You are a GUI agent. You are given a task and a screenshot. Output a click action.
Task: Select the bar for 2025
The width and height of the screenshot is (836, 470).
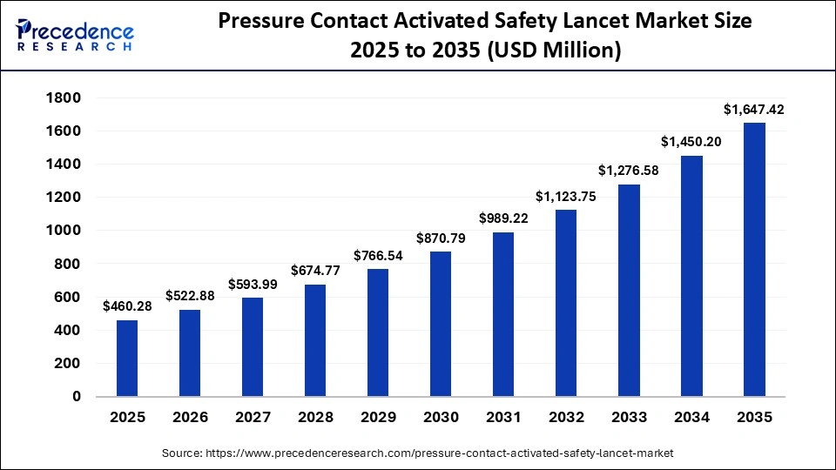pyautogui.click(x=127, y=358)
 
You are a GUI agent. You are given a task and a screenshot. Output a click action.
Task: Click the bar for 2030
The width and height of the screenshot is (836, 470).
pyautogui.click(x=441, y=324)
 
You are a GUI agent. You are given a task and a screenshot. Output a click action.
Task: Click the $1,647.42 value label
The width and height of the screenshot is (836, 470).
pyautogui.click(x=754, y=110)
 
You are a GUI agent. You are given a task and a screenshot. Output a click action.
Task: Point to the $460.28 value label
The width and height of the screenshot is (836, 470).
pyautogui.click(x=127, y=306)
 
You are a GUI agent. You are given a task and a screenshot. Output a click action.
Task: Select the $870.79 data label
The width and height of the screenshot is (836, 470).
pyautogui.click(x=441, y=238)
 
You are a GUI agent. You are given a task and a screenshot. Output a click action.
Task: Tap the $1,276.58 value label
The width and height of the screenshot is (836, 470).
pyautogui.click(x=629, y=171)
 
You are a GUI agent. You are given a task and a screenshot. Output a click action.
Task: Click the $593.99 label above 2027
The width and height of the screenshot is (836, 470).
pyautogui.click(x=253, y=284)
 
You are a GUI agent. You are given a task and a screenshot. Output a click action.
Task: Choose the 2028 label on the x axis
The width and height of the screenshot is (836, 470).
pyautogui.click(x=315, y=418)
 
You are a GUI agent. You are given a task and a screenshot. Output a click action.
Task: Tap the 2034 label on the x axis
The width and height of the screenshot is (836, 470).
pyautogui.click(x=691, y=418)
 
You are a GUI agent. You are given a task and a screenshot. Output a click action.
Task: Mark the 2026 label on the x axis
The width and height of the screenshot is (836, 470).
pyautogui.click(x=190, y=418)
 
